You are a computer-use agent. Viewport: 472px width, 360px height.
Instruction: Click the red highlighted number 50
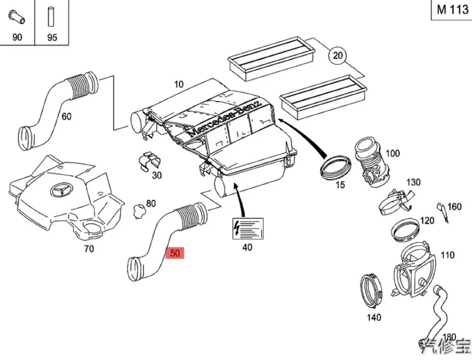point(175,253)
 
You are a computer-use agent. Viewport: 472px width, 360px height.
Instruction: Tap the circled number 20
point(337,56)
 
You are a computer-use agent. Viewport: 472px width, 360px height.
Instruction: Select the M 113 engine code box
point(452,10)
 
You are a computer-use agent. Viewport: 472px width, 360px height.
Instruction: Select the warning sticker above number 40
point(246,229)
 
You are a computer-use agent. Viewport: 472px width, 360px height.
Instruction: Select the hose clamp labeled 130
point(395,199)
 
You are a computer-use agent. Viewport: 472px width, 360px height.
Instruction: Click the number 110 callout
point(447,256)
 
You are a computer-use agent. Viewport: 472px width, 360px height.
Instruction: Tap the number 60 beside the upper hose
point(67,116)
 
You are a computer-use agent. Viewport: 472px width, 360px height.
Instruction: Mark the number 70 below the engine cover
point(88,249)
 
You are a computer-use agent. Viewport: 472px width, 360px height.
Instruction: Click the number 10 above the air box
point(178,85)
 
